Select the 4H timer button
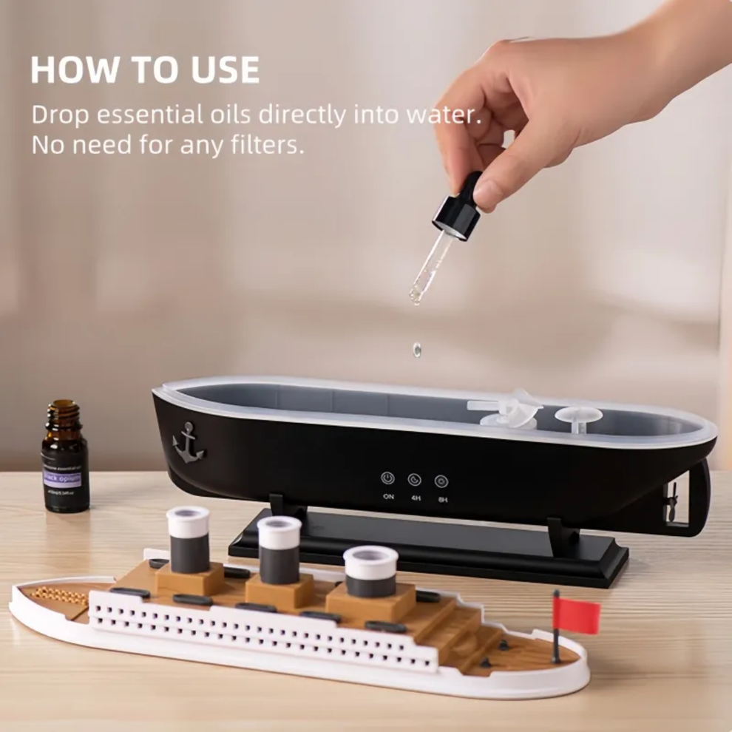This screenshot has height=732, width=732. click(x=414, y=480)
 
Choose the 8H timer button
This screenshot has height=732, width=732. click(x=441, y=481)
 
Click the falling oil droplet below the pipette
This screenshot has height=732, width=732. click(x=417, y=348)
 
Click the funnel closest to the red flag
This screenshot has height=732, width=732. click(x=370, y=571)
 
